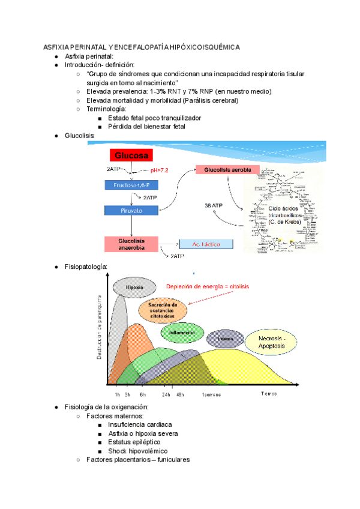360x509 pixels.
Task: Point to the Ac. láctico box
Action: point(206,244)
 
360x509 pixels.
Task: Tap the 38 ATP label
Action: point(214,205)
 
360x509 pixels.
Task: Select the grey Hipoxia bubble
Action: point(134,288)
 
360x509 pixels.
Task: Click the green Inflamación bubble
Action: point(182,332)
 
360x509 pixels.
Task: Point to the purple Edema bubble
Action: point(226,339)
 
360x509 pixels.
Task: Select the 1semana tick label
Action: point(211,394)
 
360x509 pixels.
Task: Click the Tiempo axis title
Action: point(269,394)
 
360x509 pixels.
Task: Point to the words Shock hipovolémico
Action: point(137,451)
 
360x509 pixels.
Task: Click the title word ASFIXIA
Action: point(56,47)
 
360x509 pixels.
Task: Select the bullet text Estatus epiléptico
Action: point(134,442)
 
